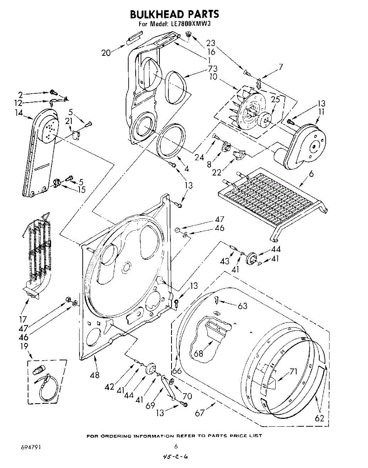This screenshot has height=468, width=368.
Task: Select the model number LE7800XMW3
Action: click(191, 23)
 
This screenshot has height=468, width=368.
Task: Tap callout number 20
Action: click(106, 53)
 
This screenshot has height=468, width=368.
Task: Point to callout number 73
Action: click(212, 69)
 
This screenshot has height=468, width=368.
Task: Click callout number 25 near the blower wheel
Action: click(275, 99)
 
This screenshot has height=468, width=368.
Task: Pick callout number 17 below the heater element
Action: click(23, 319)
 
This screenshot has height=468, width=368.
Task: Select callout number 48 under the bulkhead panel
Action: click(95, 375)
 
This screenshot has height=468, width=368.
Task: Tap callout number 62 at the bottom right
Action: click(319, 418)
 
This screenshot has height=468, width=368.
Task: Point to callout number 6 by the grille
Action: click(311, 174)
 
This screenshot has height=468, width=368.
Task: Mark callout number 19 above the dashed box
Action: click(24, 346)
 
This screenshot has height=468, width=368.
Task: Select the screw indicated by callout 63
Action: click(217, 300)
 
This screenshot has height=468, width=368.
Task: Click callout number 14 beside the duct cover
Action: click(19, 113)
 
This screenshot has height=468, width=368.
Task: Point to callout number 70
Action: click(187, 396)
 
